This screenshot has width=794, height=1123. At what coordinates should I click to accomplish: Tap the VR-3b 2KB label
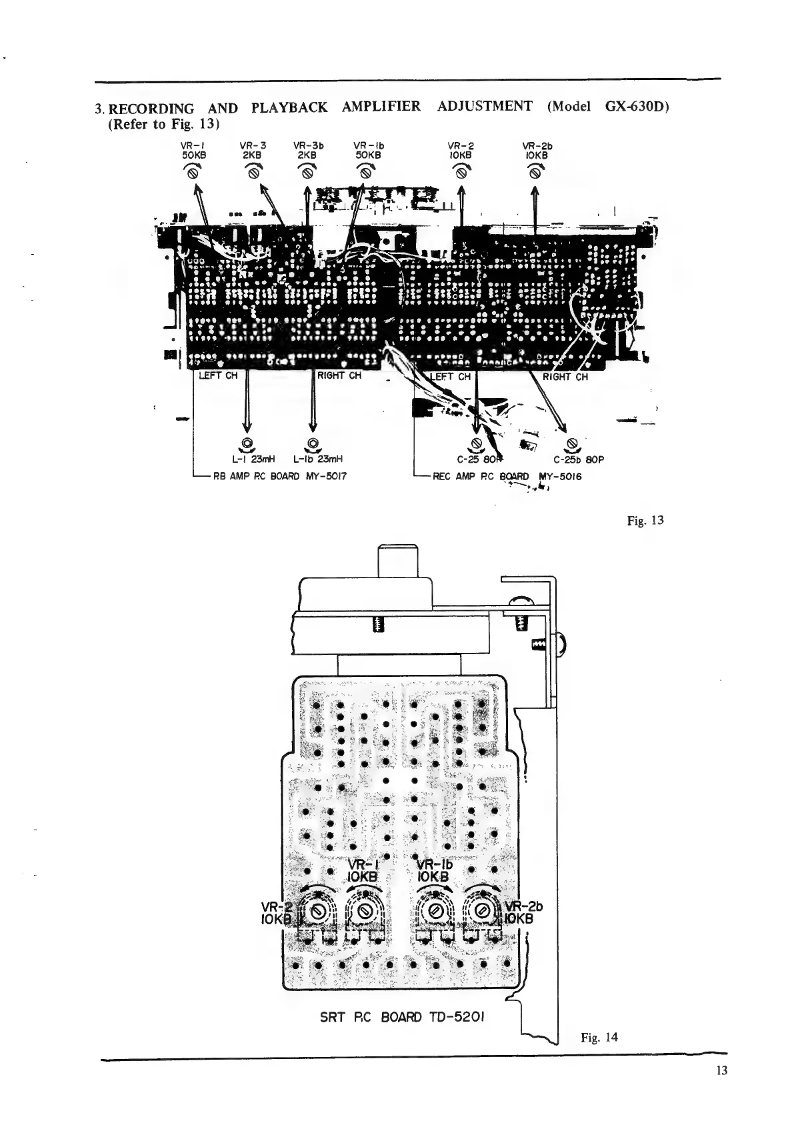307,149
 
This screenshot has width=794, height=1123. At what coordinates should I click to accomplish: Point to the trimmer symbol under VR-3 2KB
253,173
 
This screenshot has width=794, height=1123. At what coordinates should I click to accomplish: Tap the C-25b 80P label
578,459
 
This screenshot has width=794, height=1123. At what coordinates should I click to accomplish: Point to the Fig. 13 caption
645,520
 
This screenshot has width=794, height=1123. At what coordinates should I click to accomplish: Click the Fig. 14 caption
599,1037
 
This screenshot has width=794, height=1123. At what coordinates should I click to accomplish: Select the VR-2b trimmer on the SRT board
485,912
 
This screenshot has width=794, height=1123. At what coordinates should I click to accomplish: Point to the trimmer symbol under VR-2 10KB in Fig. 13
460,173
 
